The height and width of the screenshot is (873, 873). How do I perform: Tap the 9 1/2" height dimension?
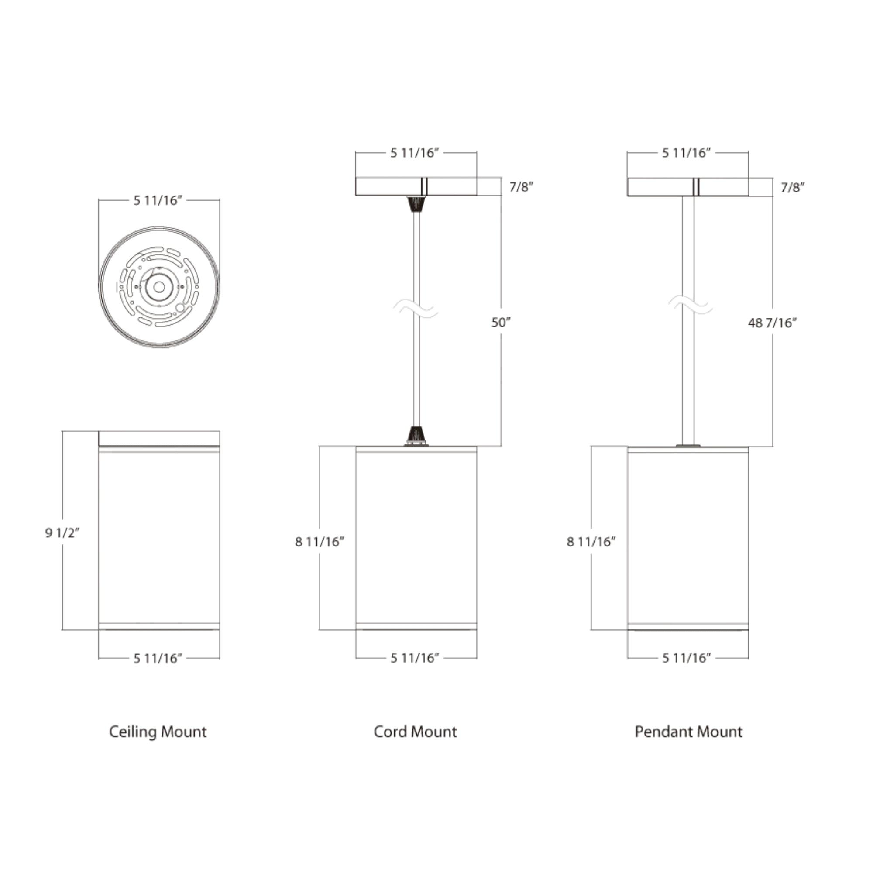tap(62, 533)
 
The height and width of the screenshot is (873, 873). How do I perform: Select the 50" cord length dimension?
tap(501, 323)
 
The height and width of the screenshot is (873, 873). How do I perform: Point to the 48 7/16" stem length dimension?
tap(772, 323)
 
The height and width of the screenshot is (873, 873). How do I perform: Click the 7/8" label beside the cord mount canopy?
tap(521, 187)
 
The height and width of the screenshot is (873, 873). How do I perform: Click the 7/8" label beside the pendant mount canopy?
tap(793, 187)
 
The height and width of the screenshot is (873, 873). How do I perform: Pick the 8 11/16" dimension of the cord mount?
tap(320, 542)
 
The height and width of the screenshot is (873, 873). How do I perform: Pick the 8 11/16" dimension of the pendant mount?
tap(591, 542)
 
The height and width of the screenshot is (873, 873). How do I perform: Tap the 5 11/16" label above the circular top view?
tap(157, 201)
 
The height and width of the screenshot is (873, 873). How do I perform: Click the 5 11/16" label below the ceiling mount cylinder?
tap(157, 658)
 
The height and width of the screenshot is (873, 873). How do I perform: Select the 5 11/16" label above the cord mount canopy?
tap(415, 153)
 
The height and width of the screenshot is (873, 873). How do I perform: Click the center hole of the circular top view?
tap(159, 287)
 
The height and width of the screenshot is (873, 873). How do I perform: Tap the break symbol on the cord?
tap(416, 309)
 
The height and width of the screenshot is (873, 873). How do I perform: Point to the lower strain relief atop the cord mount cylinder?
tap(416, 435)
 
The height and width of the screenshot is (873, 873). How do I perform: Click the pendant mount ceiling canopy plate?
tap(660, 187)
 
